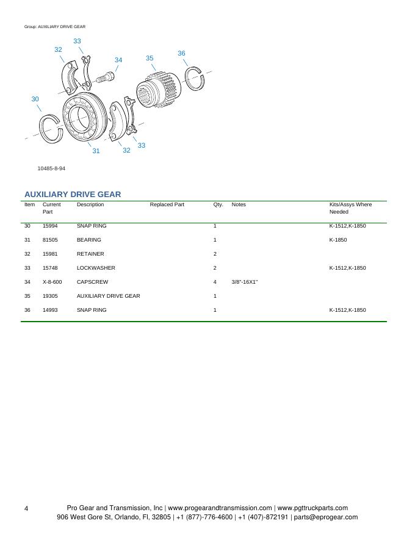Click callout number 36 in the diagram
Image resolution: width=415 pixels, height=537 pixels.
(x=181, y=54)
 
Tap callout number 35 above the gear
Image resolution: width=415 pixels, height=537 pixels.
(x=150, y=58)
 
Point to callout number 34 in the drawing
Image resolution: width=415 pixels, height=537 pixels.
(x=118, y=60)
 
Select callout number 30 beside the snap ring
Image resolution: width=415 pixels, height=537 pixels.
(x=35, y=99)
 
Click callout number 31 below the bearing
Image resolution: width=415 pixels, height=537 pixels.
(x=96, y=151)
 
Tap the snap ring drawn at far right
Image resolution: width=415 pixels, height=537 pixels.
(x=195, y=77)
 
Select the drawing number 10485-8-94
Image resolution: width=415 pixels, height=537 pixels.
(x=51, y=168)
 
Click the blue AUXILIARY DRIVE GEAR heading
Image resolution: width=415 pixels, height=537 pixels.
(x=73, y=194)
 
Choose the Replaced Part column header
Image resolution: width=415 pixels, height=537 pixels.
(x=167, y=204)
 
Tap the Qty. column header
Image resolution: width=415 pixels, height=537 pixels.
(x=218, y=204)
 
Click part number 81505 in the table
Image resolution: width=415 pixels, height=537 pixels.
(x=51, y=240)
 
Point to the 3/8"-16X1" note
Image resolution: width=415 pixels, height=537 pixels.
(x=245, y=282)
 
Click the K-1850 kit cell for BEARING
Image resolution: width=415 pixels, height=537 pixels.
(x=338, y=240)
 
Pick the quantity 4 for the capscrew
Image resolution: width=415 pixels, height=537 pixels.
(x=215, y=282)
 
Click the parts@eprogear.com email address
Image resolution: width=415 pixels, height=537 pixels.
(x=325, y=517)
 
